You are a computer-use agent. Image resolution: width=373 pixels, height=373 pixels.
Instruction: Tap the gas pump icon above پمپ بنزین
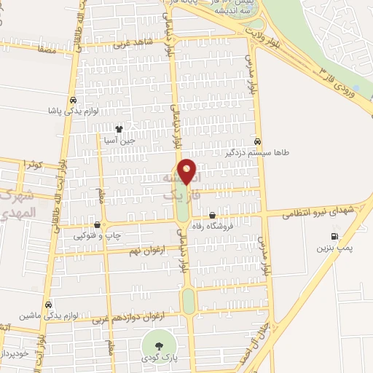[x=334, y=236]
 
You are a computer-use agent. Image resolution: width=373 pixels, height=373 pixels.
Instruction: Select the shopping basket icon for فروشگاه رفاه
[x=212, y=216]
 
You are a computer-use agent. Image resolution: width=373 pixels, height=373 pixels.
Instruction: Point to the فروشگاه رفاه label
[x=211, y=227]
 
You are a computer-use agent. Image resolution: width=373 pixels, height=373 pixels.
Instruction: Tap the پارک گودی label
[x=160, y=359]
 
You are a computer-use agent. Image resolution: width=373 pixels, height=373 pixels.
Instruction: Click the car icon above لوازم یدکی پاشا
[x=73, y=101]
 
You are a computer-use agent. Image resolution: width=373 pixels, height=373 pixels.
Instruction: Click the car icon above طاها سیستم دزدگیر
[x=258, y=141]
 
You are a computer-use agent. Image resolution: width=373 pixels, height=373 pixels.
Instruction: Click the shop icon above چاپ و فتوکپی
[x=98, y=224]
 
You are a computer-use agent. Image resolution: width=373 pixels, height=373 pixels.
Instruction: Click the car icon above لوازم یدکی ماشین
[x=48, y=304]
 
